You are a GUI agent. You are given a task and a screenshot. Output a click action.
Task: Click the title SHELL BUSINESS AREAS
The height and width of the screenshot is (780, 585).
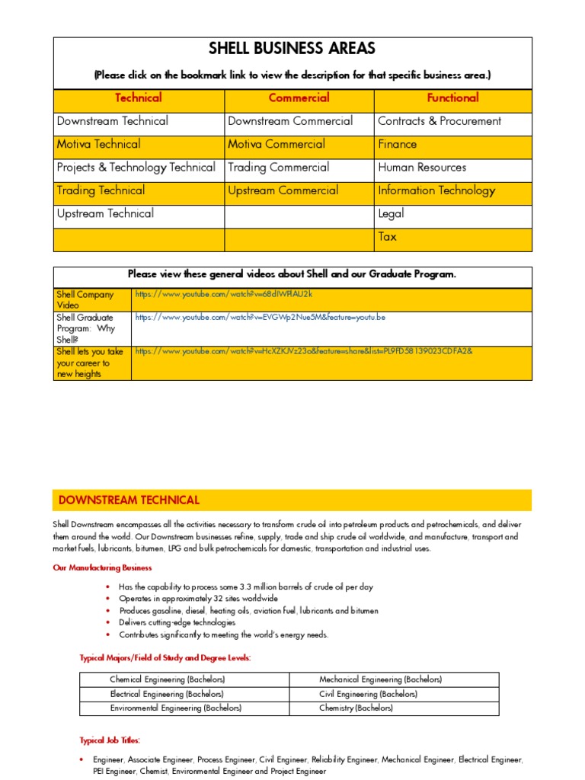[292, 50]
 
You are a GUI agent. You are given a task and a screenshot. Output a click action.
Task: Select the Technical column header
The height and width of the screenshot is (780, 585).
[138, 97]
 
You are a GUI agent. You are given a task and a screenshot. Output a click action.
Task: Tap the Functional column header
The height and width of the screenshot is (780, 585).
[452, 97]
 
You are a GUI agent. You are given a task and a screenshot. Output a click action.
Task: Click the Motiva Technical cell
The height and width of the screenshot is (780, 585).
[98, 144]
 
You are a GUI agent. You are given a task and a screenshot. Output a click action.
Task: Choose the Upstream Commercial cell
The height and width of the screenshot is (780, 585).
[283, 190]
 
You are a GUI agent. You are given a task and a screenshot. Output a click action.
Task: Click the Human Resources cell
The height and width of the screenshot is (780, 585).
[422, 168]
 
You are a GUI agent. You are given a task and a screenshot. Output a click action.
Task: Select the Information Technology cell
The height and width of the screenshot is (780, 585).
[436, 190]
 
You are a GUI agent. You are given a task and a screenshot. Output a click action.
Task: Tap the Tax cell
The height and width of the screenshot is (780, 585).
[387, 237]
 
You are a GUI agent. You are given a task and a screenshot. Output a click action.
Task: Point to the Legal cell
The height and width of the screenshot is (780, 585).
[391, 214]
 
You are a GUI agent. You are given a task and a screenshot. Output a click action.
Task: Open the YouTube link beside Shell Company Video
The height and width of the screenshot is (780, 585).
[224, 294]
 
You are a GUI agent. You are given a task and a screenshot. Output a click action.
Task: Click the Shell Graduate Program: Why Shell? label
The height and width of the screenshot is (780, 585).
[85, 328]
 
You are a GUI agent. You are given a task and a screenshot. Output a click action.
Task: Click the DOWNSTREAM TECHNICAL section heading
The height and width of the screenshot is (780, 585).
[129, 500]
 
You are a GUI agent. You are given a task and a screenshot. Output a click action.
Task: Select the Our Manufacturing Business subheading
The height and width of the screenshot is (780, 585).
[102, 567]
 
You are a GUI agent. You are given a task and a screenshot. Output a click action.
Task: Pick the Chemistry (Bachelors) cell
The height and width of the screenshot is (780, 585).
[356, 708]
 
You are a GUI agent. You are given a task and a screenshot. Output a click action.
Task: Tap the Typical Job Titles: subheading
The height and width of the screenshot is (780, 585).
[110, 740]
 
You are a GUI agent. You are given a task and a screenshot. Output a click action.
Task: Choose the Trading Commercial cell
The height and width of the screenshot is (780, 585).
[278, 168]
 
